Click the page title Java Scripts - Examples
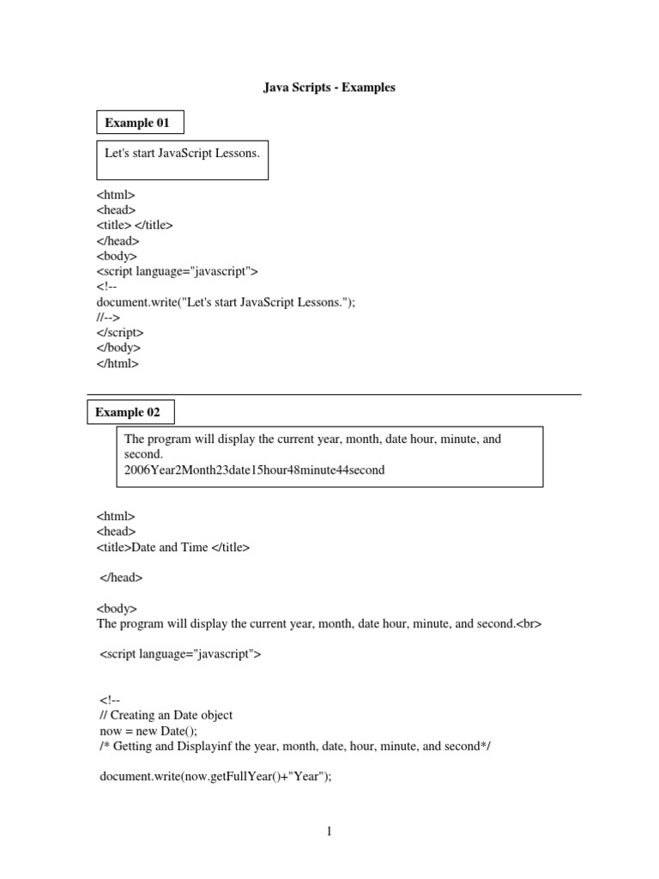point(329,88)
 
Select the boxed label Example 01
point(137,123)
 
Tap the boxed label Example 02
point(128,412)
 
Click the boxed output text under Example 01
point(181,154)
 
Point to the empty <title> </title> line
point(135,225)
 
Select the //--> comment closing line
point(109,317)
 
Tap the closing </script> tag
point(120,332)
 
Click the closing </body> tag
point(118,348)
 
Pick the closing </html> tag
point(118,363)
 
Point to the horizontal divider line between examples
point(335,395)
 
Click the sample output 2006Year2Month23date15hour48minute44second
point(254,470)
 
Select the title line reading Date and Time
point(173,547)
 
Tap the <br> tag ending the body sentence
point(529,624)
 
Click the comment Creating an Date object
point(166,715)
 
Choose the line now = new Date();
point(148,730)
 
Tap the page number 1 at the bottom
point(329,831)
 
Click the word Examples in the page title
point(368,88)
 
